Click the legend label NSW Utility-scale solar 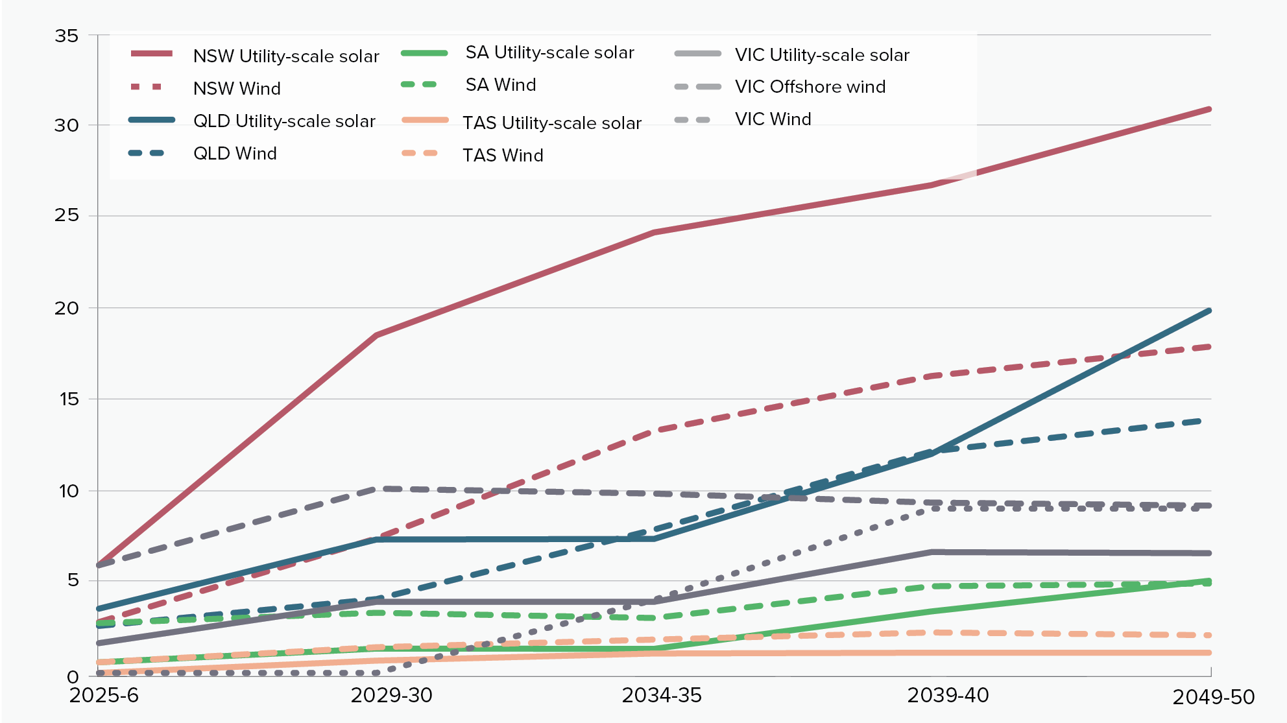[x=285, y=56]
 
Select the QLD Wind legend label [x=235, y=154]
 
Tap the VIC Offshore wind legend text [x=810, y=87]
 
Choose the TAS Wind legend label [x=503, y=156]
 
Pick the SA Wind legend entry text [x=501, y=85]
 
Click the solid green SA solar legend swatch [x=424, y=53]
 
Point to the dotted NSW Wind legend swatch [x=147, y=87]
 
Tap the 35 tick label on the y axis [x=66, y=36]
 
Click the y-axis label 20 [x=66, y=308]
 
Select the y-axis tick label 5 [x=73, y=580]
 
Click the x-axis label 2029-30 [x=391, y=696]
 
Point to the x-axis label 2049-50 [x=1213, y=698]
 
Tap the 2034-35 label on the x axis [x=662, y=696]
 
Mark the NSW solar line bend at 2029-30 [x=376, y=335]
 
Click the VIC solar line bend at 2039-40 [x=932, y=552]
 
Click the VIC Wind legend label [x=773, y=119]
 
